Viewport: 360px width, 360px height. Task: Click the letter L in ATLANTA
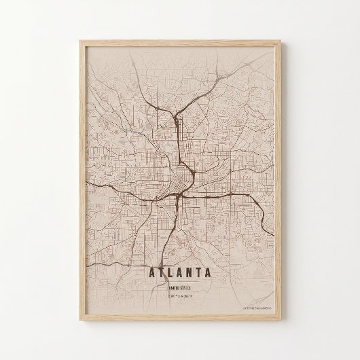(x=165, y=274)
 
